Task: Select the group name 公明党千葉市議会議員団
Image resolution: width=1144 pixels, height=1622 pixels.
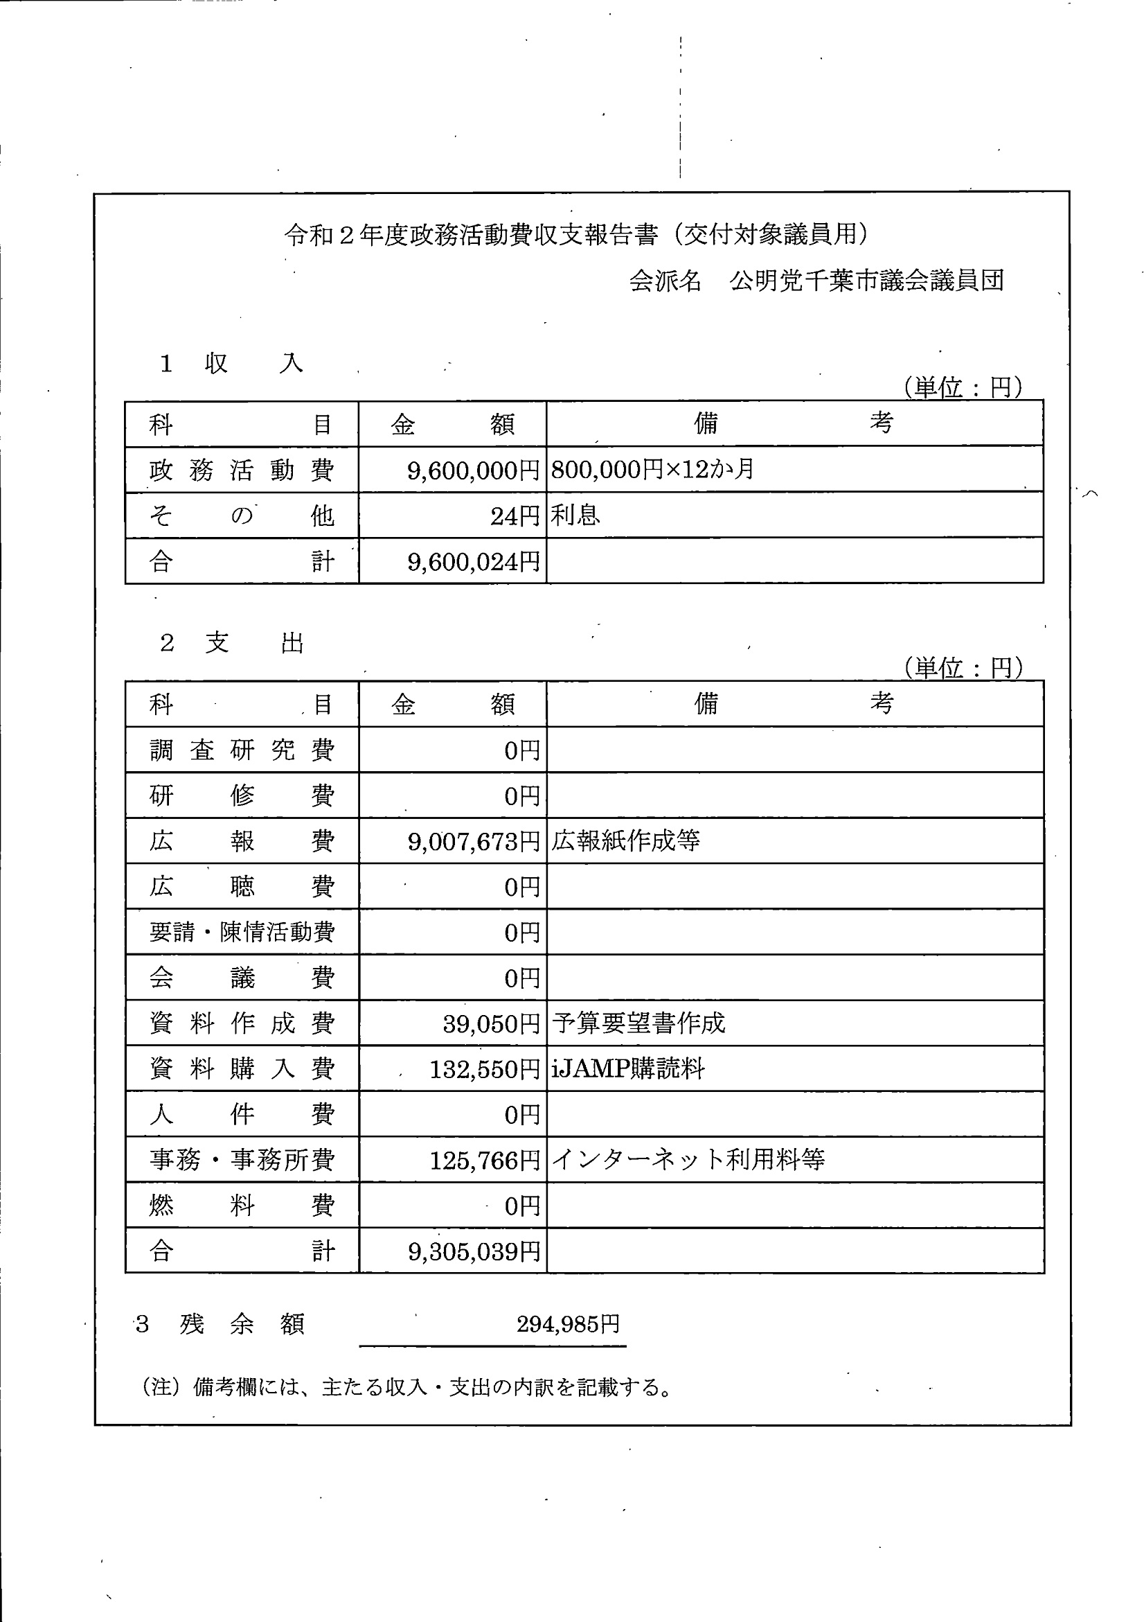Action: (866, 281)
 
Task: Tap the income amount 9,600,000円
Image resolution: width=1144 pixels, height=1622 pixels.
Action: (473, 470)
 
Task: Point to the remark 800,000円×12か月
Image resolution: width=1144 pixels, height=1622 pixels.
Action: (652, 469)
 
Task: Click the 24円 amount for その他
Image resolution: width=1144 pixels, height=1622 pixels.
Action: (515, 516)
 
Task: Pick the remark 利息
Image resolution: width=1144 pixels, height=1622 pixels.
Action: (575, 515)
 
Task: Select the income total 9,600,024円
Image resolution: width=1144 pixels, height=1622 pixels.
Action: (473, 563)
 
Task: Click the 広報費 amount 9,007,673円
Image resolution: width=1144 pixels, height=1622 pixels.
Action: (473, 841)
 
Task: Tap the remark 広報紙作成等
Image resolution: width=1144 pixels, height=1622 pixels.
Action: (626, 840)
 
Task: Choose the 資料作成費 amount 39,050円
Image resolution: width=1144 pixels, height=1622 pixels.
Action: (491, 1023)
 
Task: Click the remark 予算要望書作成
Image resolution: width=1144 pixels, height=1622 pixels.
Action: (638, 1023)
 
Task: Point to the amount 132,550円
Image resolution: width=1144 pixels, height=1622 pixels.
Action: (485, 1070)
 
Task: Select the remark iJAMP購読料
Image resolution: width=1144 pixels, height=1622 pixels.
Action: (628, 1069)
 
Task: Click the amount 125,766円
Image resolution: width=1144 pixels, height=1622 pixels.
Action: (485, 1160)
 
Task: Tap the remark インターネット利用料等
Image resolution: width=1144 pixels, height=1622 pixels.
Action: (688, 1159)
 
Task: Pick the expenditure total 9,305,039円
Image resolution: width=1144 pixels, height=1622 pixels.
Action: (473, 1252)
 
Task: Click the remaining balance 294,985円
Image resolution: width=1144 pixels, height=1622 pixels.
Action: (568, 1324)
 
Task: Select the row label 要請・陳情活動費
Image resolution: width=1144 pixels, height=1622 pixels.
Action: (242, 933)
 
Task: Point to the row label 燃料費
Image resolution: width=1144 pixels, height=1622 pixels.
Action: (242, 1206)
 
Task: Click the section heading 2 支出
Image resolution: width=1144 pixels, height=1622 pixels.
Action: (232, 644)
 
